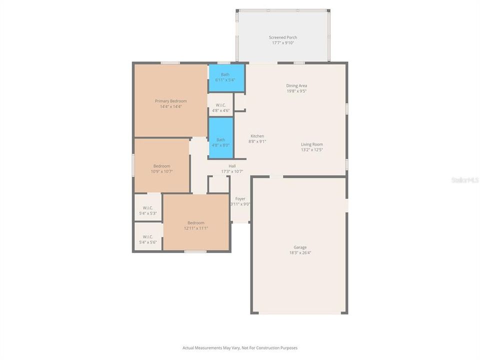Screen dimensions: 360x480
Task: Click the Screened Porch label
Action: pos(282,37)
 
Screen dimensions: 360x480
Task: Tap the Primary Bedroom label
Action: pos(170,101)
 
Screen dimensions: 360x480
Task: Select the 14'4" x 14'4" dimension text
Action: pos(170,106)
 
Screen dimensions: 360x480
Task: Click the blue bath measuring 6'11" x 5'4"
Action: pos(226,77)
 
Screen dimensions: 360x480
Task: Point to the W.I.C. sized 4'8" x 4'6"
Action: pos(220,107)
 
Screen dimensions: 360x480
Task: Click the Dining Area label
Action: pos(296,85)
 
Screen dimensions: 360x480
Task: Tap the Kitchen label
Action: pos(257,136)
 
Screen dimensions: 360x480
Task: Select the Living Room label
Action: pos(311,144)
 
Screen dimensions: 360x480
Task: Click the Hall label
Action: pos(232,166)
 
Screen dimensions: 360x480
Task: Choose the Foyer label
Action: pos(240,198)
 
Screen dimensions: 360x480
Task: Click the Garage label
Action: pos(300,247)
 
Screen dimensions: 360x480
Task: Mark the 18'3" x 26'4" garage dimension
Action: pos(300,252)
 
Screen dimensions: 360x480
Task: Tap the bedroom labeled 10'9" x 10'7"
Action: pos(161,168)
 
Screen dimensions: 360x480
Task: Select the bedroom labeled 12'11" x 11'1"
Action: pos(196,225)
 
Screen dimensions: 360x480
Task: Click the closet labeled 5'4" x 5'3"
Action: pos(147,210)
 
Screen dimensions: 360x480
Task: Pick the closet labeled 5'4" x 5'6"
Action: pos(147,239)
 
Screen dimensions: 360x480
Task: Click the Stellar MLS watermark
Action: pos(464,179)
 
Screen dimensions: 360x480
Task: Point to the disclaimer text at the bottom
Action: pos(240,347)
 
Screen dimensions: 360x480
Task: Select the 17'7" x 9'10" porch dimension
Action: pos(282,43)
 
